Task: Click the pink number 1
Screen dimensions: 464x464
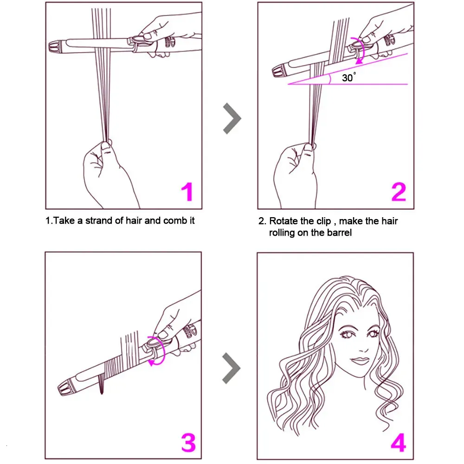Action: (x=187, y=192)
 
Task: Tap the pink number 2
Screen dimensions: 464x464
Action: (x=399, y=192)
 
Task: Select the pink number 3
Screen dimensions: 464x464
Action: (x=188, y=443)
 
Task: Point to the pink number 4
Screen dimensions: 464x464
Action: (x=398, y=443)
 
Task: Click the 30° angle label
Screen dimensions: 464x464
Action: (x=349, y=77)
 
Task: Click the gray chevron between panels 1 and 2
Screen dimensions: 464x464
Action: (x=232, y=118)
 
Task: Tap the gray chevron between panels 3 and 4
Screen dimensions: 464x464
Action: (x=232, y=368)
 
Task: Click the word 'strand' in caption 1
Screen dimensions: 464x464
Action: (x=99, y=220)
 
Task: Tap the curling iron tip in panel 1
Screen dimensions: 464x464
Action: (x=55, y=47)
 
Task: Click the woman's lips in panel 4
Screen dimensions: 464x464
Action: (x=360, y=361)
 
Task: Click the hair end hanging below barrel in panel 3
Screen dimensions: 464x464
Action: (x=101, y=385)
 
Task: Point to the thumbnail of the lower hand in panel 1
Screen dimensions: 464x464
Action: (x=105, y=146)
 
